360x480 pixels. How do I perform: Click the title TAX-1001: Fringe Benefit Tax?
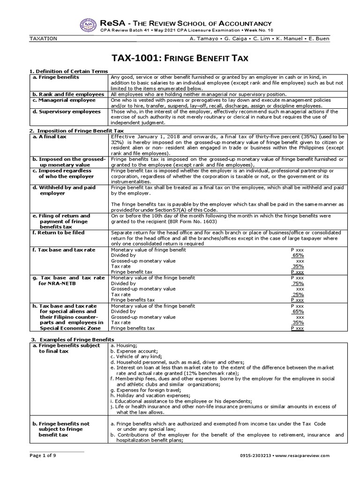(180, 58)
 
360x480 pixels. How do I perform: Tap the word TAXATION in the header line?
(43, 38)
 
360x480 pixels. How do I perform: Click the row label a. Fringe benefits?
(56, 77)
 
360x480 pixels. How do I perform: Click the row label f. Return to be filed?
(58, 232)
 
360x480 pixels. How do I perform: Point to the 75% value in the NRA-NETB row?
(298, 283)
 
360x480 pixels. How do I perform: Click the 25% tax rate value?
(298, 294)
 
